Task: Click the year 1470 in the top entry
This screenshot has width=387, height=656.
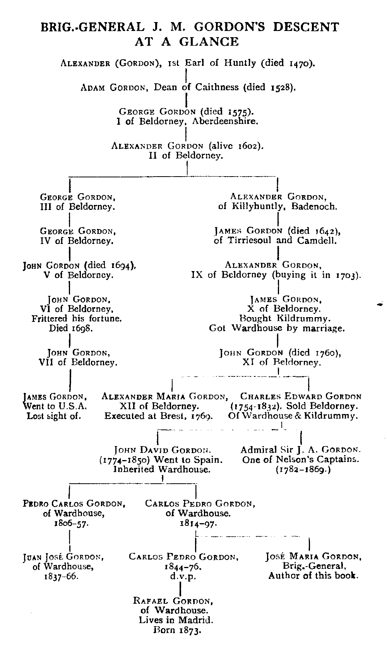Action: click(x=301, y=63)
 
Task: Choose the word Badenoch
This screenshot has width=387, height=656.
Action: click(x=314, y=206)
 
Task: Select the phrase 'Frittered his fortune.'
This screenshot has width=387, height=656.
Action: click(x=77, y=319)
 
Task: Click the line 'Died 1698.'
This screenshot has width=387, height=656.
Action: click(x=71, y=328)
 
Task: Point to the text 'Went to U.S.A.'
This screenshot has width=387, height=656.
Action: click(x=55, y=406)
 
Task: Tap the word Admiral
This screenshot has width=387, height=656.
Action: click(x=257, y=450)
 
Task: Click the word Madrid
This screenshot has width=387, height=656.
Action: click(x=198, y=620)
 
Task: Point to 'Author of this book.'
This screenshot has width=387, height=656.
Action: click(x=313, y=576)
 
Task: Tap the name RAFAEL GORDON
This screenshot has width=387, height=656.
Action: click(x=173, y=601)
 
